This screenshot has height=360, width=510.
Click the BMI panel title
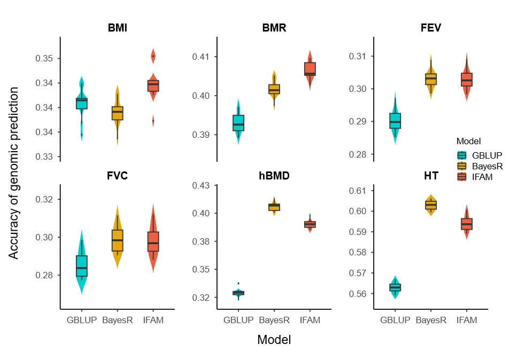pyautogui.click(x=118, y=28)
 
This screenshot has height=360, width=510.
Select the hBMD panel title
pyautogui.click(x=274, y=176)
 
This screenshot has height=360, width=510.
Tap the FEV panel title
pyautogui.click(x=431, y=28)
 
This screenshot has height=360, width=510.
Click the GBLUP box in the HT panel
pyautogui.click(x=395, y=287)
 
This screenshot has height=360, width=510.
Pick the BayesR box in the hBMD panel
pyautogui.click(x=274, y=207)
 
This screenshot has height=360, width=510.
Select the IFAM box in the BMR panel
pyautogui.click(x=310, y=69)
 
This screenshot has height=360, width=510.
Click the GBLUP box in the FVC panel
pyautogui.click(x=82, y=266)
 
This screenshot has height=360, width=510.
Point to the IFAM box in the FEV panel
pyautogui.click(x=467, y=80)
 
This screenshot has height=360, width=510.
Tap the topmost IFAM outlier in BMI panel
pyautogui.click(x=153, y=56)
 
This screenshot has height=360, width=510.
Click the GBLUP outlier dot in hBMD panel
pyautogui.click(x=238, y=284)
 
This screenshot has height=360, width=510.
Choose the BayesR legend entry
pyautogui.click(x=480, y=166)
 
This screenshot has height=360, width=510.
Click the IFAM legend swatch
pyautogui.click(x=462, y=177)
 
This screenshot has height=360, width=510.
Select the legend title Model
pyautogui.click(x=468, y=142)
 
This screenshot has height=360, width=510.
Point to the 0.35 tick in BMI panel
pyautogui.click(x=44, y=58)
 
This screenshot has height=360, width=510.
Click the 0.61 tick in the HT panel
pyautogui.click(x=358, y=191)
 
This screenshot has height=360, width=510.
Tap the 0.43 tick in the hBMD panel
pyautogui.click(x=200, y=185)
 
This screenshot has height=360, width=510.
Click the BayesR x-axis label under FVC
pyautogui.click(x=118, y=320)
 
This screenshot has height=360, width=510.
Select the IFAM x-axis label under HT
pyautogui.click(x=467, y=320)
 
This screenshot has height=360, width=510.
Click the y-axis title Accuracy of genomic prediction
pyautogui.click(x=13, y=173)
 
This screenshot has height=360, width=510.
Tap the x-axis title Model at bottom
pyautogui.click(x=274, y=340)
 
